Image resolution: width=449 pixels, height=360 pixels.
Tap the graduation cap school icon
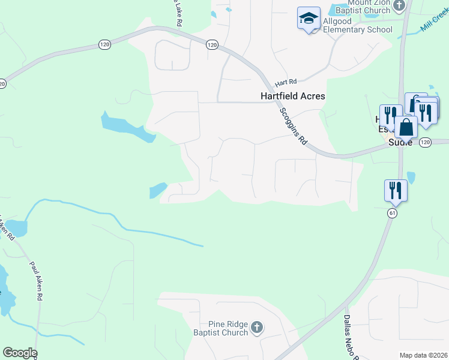click(309, 19)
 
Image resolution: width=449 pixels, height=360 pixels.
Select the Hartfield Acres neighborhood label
click(292, 96)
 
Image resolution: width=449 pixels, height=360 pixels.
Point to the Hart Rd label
click(286, 82)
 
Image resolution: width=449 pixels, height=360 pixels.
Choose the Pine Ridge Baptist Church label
click(220, 328)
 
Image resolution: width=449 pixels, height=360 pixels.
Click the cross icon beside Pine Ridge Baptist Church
click(257, 327)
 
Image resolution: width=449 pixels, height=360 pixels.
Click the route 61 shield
click(393, 213)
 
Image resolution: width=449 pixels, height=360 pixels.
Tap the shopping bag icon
click(406, 127)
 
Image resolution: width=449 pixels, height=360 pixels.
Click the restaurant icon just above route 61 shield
click(396, 190)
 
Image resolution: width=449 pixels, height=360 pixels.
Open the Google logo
click(20, 353)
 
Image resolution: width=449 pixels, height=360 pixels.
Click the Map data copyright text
click(423, 355)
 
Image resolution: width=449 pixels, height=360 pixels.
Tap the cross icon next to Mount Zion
click(400, 5)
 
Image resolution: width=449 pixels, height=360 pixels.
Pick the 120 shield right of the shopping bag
click(426, 142)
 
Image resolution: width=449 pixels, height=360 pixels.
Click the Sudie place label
click(400, 142)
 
